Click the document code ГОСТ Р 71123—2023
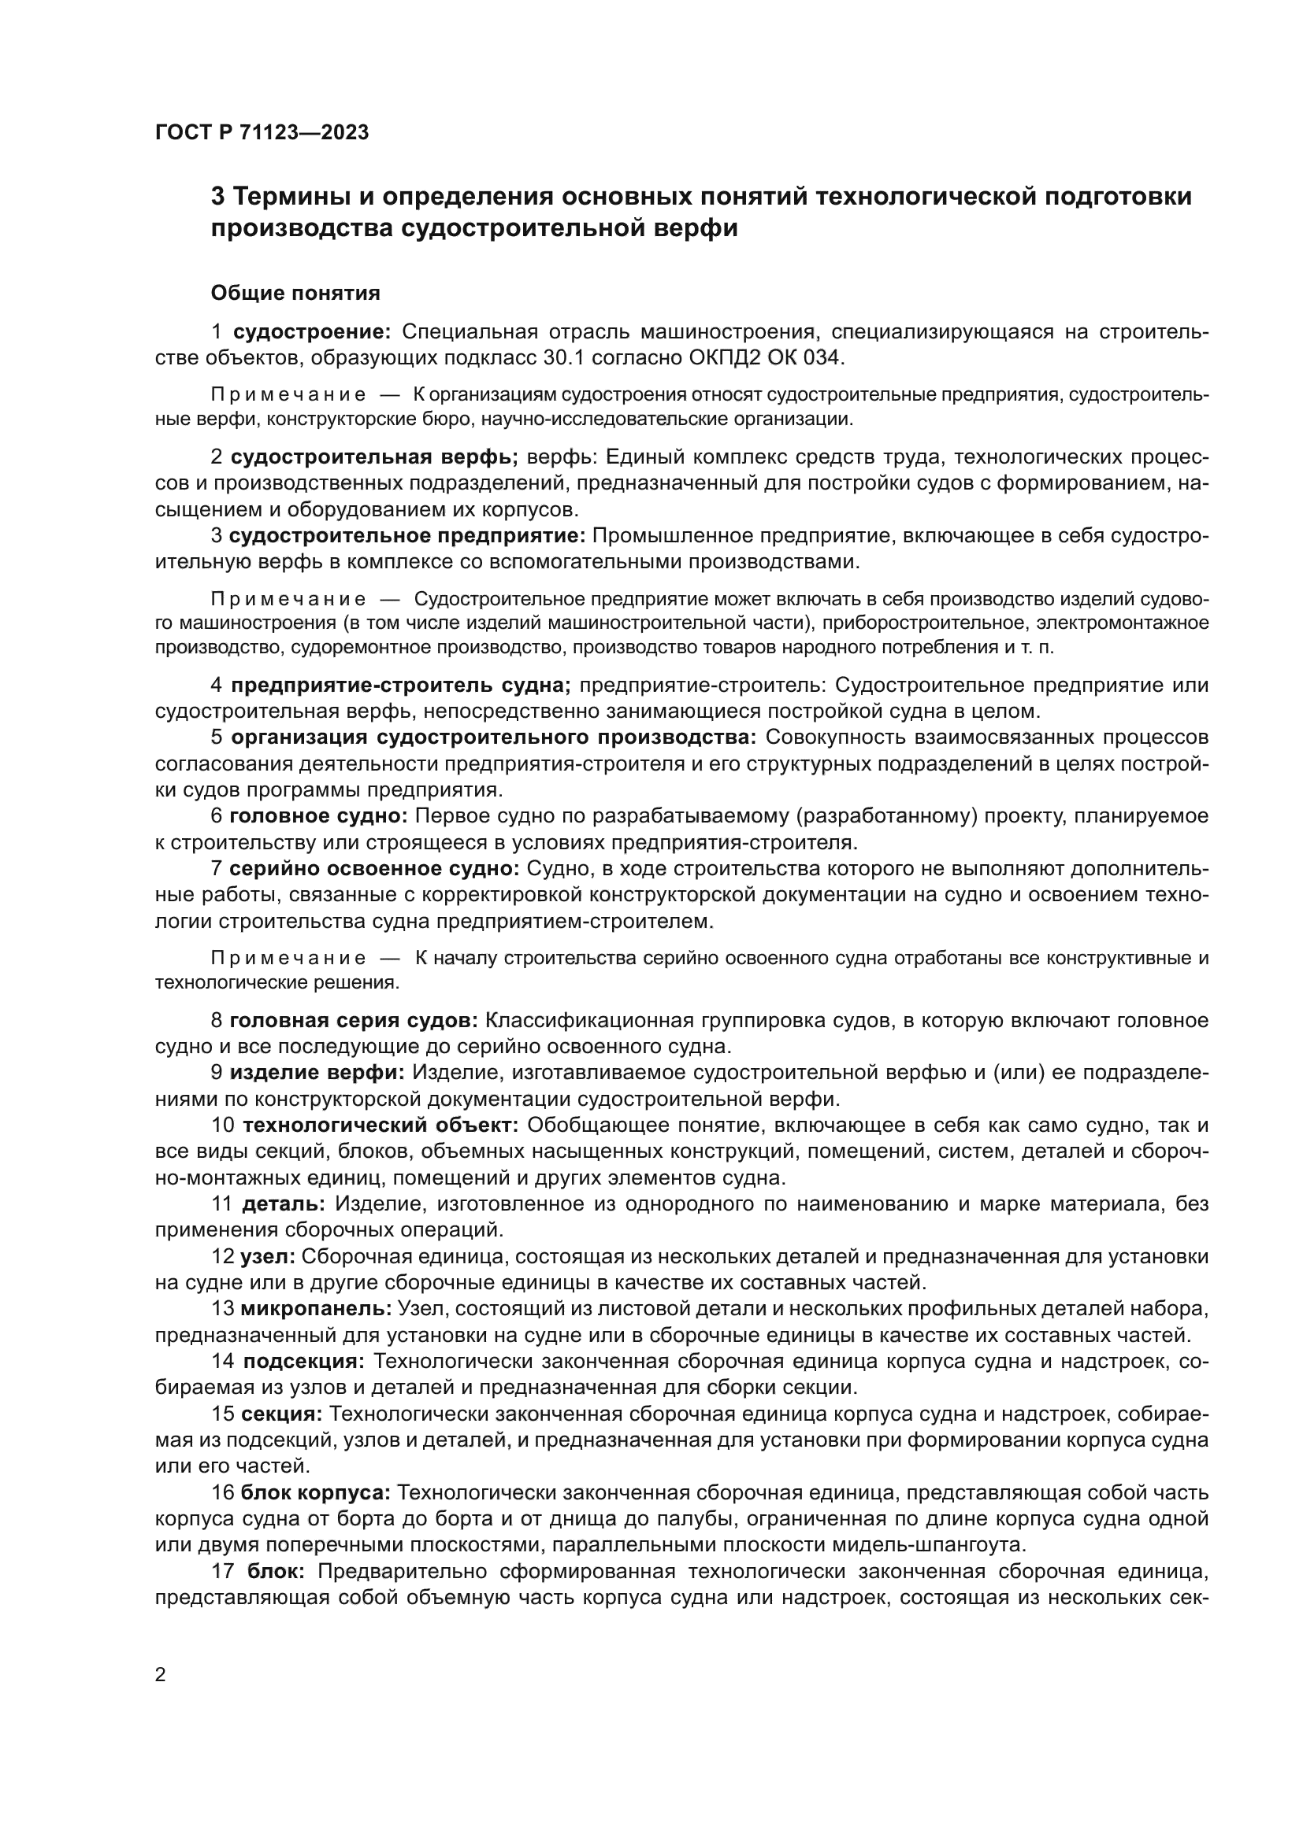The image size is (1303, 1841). coord(262,132)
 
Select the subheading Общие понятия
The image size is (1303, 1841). coord(295,294)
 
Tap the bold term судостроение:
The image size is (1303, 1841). coord(311,332)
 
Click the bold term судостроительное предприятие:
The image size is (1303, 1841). coord(407,536)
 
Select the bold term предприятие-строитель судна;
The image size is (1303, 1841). coord(401,686)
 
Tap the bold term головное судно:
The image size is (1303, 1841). coord(318,816)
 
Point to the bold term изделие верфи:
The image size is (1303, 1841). coord(317,1073)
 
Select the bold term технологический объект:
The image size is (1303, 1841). coord(381,1125)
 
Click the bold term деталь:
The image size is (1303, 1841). coord(284,1203)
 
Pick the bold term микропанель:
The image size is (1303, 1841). coord(316,1309)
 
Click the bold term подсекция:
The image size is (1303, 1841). coord(304,1361)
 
